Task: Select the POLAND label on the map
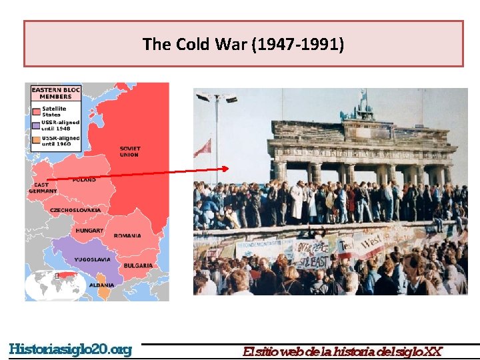click(x=84, y=180)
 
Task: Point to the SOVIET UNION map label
click(x=129, y=151)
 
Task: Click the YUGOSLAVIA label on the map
click(x=93, y=259)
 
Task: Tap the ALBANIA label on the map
click(x=101, y=285)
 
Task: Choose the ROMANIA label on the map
click(x=127, y=235)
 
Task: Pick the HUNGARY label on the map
click(x=89, y=231)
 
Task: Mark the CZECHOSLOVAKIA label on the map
click(x=75, y=210)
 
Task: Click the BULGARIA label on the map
click(x=138, y=265)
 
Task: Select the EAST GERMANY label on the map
click(x=43, y=188)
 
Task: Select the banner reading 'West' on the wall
click(x=372, y=241)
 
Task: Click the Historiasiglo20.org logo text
click(x=71, y=349)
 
